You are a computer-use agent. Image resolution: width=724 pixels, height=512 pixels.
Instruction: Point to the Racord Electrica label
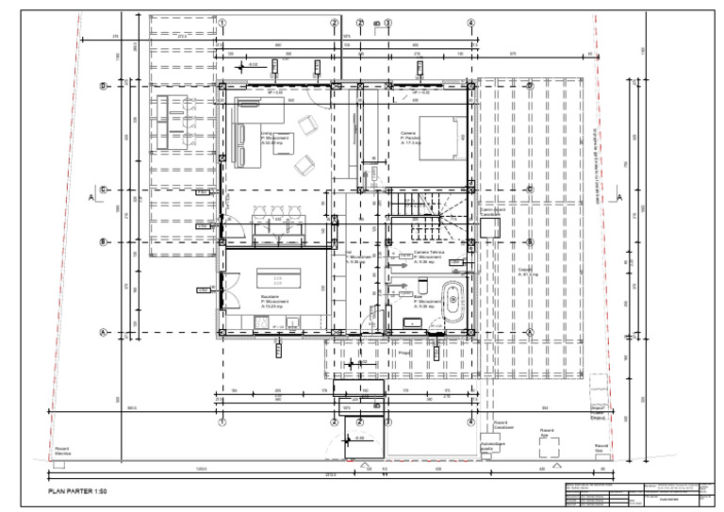(63, 450)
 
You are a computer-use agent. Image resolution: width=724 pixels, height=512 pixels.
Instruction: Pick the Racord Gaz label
(603, 447)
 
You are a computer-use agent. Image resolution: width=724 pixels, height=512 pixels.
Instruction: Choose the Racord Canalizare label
(502, 425)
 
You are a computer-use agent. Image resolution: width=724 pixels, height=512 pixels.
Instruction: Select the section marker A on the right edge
(619, 197)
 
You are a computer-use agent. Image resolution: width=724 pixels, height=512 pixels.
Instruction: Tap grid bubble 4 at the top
(470, 23)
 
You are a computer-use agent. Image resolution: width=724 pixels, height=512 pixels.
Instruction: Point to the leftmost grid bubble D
(104, 86)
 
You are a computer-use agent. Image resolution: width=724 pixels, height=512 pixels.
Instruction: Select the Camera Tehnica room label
(429, 255)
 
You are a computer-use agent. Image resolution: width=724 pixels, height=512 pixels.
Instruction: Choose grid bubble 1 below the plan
(222, 422)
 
